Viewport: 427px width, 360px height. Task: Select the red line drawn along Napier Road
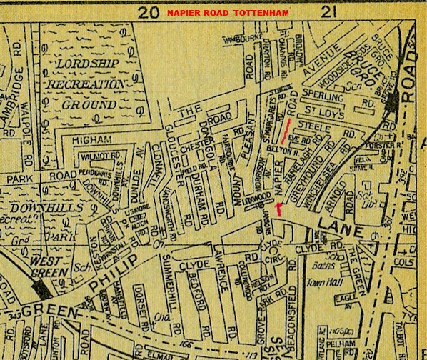[286, 131]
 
